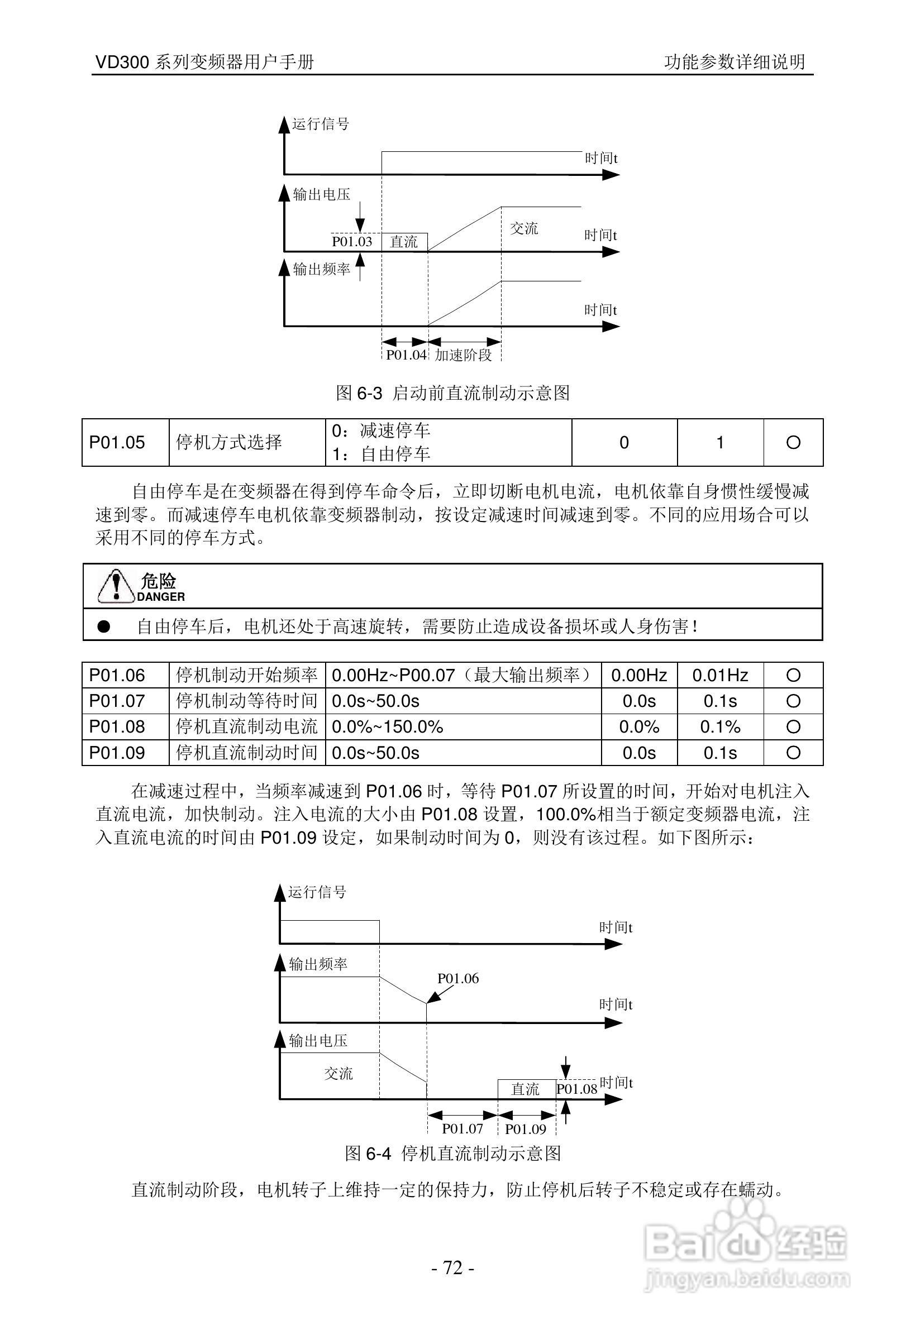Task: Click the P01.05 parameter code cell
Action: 117,442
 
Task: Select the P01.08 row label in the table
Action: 117,727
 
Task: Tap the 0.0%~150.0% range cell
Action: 388,727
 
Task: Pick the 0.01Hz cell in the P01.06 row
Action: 720,675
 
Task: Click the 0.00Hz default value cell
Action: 638,675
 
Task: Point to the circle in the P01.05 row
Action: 793,442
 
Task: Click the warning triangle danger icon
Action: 116,586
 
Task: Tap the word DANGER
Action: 161,597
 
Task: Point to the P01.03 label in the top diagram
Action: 352,242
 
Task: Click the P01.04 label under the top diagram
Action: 406,355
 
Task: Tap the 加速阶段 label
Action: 463,355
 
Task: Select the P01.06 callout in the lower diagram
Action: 458,978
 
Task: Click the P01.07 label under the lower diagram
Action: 462,1128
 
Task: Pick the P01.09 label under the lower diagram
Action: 526,1129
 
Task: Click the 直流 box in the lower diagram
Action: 526,1089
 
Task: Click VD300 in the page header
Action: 122,62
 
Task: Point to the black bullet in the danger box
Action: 103,626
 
